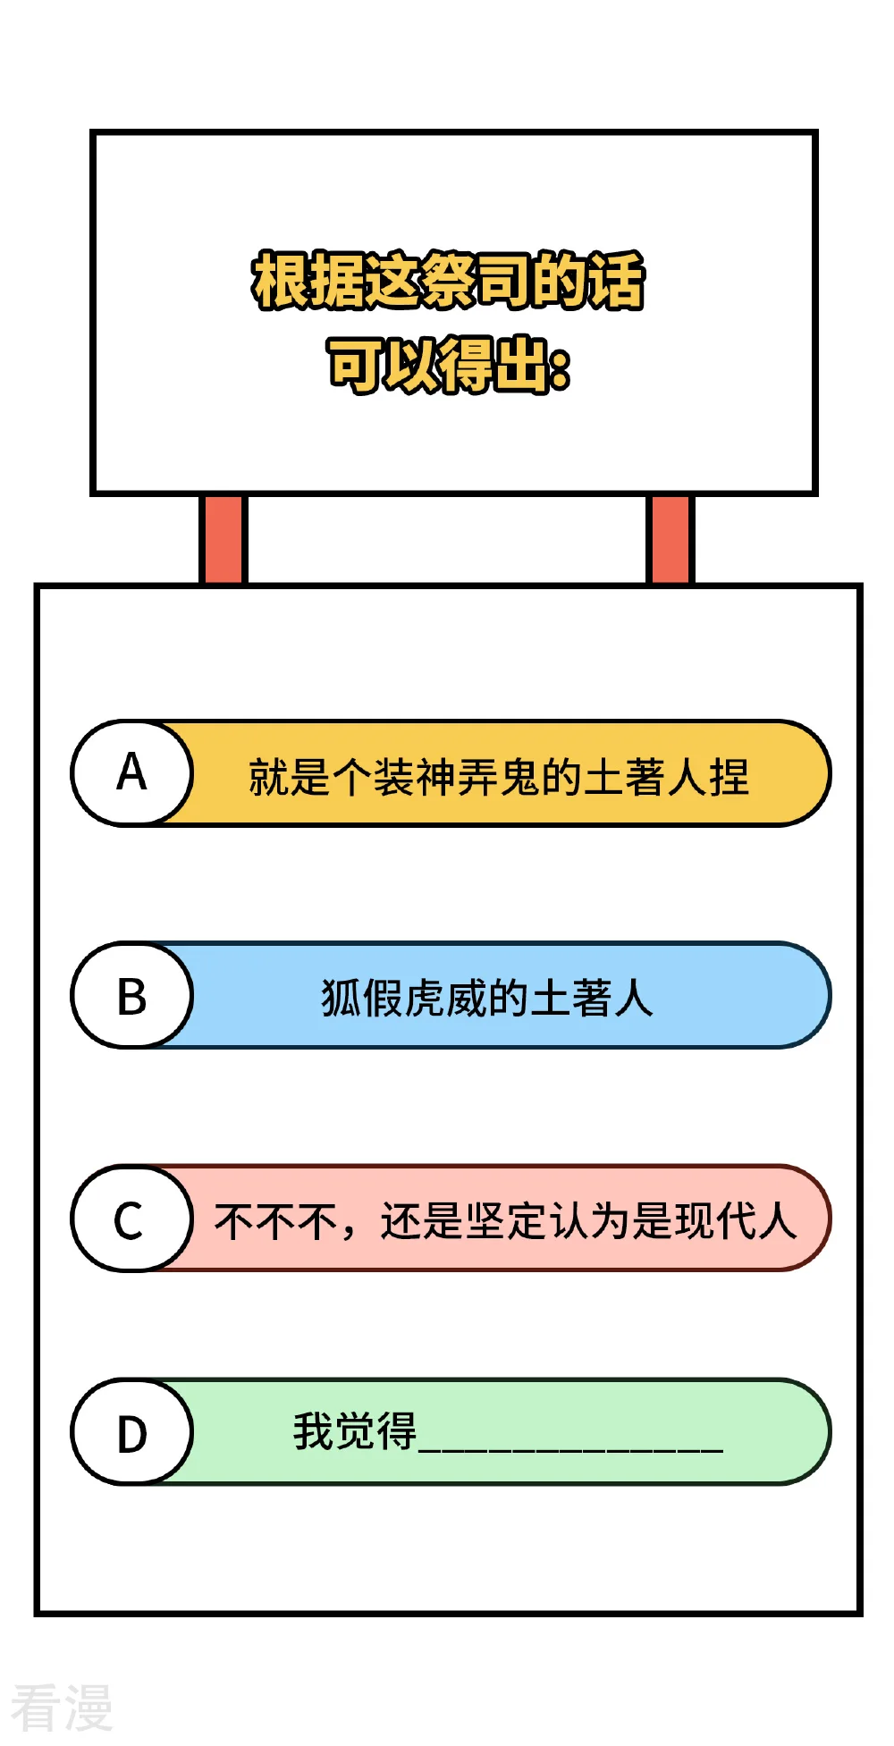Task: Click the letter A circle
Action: [x=132, y=773]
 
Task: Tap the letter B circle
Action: [x=132, y=995]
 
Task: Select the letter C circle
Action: [x=132, y=1218]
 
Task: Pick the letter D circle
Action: [x=132, y=1431]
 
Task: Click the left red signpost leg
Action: [x=223, y=539]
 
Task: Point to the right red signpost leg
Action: [x=670, y=539]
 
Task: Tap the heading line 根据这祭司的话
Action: [x=449, y=281]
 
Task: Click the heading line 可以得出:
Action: [x=449, y=365]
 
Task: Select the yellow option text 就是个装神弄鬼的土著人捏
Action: [x=499, y=776]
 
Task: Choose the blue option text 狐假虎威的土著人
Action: [x=487, y=998]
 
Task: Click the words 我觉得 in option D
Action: [x=355, y=1431]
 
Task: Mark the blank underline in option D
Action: [x=570, y=1449]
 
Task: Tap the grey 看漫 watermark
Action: [x=62, y=1708]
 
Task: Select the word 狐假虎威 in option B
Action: [x=404, y=998]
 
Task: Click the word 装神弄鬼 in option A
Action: [x=457, y=776]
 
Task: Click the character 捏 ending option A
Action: [x=729, y=776]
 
